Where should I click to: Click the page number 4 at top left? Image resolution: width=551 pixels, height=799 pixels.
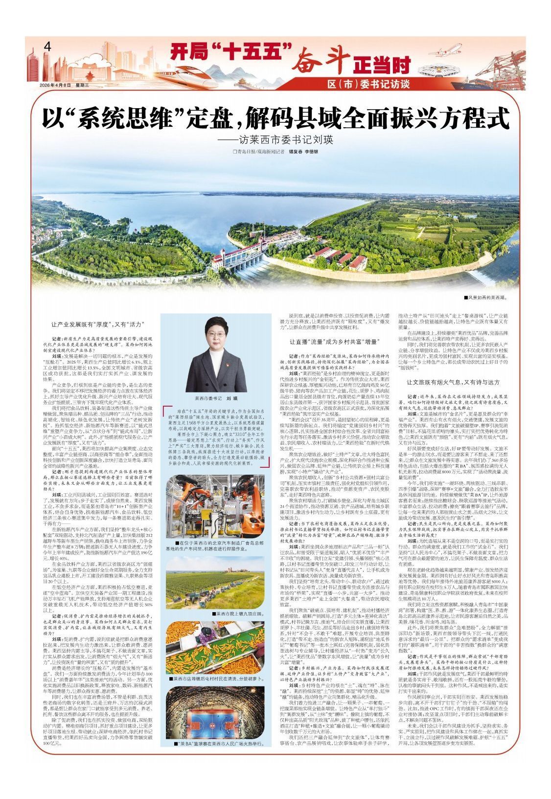(x=47, y=47)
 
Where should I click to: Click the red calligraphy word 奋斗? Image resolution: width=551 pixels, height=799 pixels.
(x=323, y=61)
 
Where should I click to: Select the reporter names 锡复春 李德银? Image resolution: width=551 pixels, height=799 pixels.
(x=303, y=152)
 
